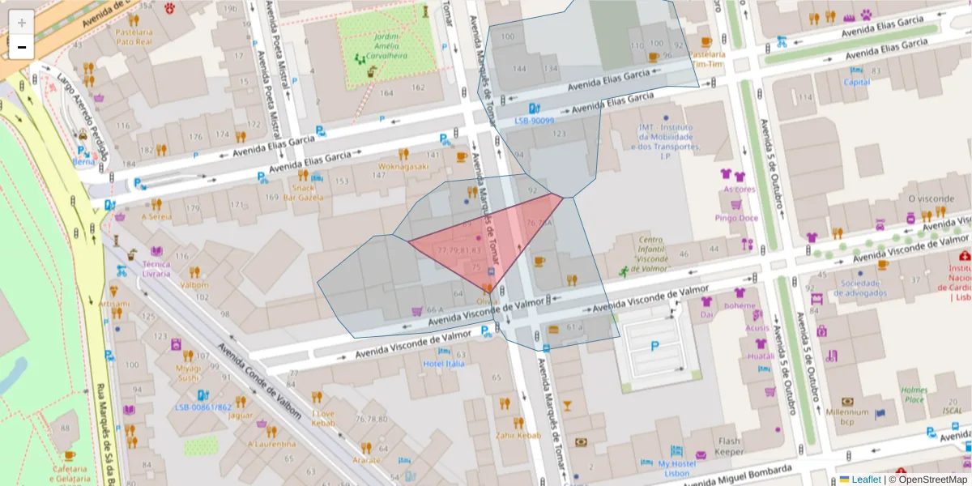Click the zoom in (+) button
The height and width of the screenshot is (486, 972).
coord(22,23)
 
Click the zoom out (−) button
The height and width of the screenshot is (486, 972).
coord(22,47)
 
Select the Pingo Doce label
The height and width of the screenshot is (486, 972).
coord(736,218)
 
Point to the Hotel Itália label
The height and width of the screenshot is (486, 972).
coord(443,364)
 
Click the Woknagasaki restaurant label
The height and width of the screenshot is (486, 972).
coord(403,168)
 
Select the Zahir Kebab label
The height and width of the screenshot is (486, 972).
coord(518,435)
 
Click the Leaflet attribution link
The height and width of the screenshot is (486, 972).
coord(865,480)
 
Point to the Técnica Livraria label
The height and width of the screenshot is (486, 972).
coord(156,268)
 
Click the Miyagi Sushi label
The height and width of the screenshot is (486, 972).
coord(188,372)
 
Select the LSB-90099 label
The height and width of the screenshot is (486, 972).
coord(535,121)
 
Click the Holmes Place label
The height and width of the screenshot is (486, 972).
coord(914,394)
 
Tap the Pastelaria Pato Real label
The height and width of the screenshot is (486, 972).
coord(134,36)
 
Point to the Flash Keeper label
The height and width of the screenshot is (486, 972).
coord(729,446)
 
